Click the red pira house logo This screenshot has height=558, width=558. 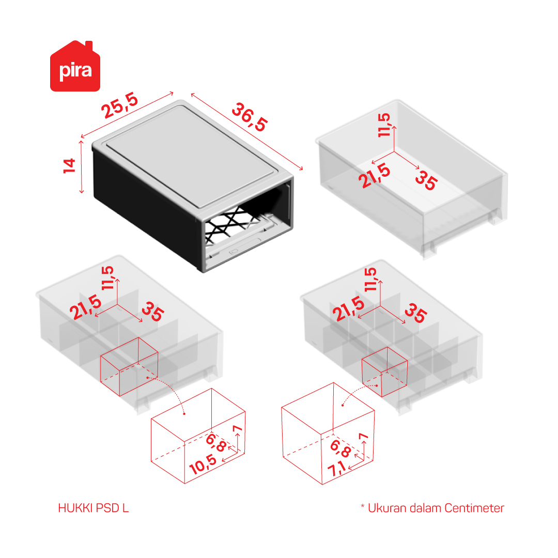tap(75, 66)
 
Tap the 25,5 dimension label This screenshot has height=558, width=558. tap(119, 105)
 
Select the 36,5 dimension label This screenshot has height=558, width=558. tap(250, 117)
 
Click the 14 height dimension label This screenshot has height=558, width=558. tap(69, 166)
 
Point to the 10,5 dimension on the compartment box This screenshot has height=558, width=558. tap(203, 464)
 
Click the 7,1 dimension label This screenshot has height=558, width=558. tap(337, 468)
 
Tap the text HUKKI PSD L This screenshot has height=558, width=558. tap(93, 508)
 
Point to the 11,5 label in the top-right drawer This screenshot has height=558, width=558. tap(384, 125)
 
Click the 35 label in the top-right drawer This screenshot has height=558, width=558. tap(426, 180)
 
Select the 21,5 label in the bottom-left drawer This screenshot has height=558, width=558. tap(85, 307)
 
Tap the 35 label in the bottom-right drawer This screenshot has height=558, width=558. tap(415, 313)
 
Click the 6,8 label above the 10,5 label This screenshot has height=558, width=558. tap(216, 443)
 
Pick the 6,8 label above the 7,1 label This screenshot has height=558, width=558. tap(340, 448)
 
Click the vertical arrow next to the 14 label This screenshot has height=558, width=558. tap(82, 167)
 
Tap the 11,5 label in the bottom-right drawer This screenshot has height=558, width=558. tap(370, 280)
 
